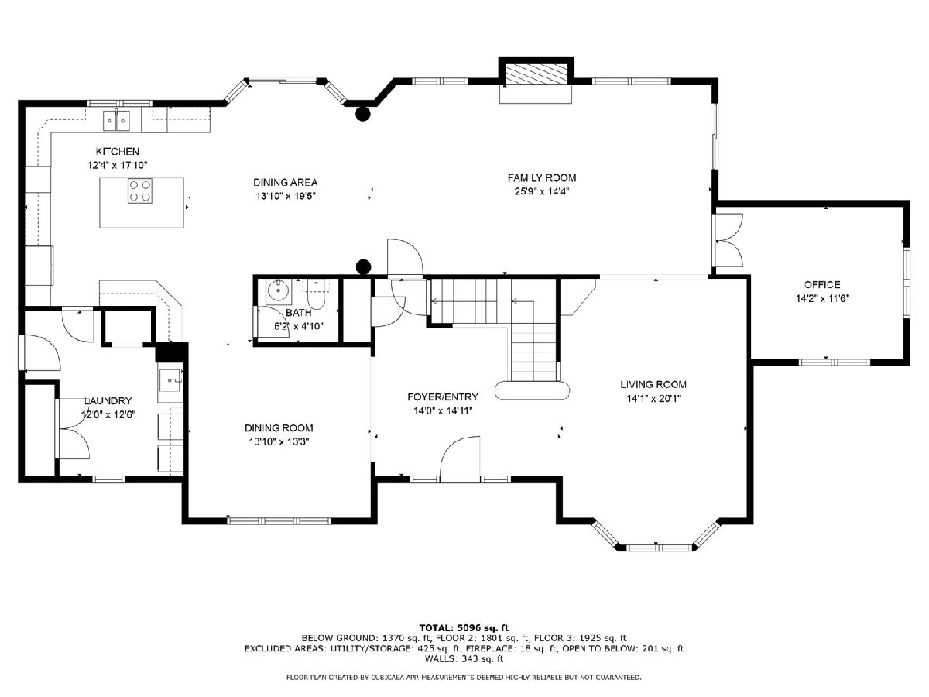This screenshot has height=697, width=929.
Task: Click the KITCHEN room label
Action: click(117, 151)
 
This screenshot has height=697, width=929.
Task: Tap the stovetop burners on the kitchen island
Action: click(140, 191)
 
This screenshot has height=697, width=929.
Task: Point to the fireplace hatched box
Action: click(536, 75)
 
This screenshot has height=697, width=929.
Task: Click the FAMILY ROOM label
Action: click(542, 178)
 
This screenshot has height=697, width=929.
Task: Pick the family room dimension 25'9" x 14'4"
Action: click(542, 191)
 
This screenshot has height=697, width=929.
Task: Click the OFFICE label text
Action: click(822, 284)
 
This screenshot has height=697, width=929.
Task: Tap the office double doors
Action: click(728, 240)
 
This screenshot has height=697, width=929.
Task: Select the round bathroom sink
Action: click(278, 290)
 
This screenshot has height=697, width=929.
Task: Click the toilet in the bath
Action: click(316, 295)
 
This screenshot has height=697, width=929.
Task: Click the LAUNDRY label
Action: click(108, 400)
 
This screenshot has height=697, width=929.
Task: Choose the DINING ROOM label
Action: click(279, 427)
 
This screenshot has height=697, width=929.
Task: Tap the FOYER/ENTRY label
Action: click(443, 397)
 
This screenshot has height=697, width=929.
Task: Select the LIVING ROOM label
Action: click(653, 384)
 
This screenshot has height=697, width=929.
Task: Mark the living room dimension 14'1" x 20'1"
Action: click(653, 398)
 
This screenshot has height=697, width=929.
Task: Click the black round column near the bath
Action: click(364, 266)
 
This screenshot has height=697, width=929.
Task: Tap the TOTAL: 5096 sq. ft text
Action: click(464, 627)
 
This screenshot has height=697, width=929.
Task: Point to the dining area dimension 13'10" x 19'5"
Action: click(286, 196)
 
